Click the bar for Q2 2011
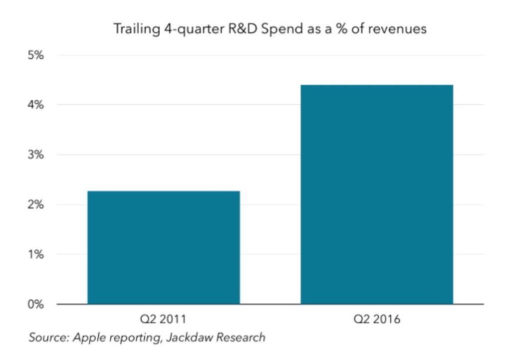[x=164, y=247]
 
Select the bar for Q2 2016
[x=377, y=194]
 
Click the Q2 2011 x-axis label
[x=164, y=319]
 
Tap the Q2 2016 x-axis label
[x=377, y=319]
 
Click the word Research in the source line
[x=241, y=338]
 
